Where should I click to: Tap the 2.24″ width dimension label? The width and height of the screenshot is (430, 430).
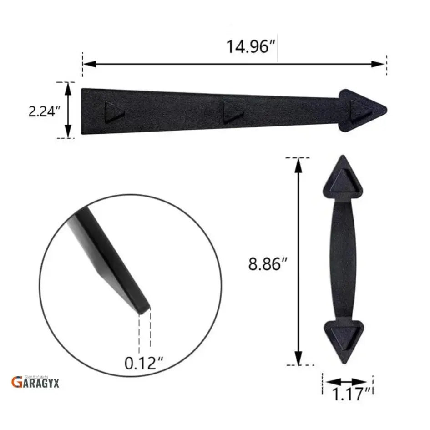pos(45,111)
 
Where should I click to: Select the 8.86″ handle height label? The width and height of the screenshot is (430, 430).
pos(267,264)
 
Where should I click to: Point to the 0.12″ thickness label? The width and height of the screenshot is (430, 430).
pos(144,363)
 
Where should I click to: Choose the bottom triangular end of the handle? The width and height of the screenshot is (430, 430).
pos(343,339)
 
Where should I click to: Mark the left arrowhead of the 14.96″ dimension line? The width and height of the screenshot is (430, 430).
pos(88,64)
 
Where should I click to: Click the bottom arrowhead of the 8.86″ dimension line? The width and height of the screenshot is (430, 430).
pos(298,359)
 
